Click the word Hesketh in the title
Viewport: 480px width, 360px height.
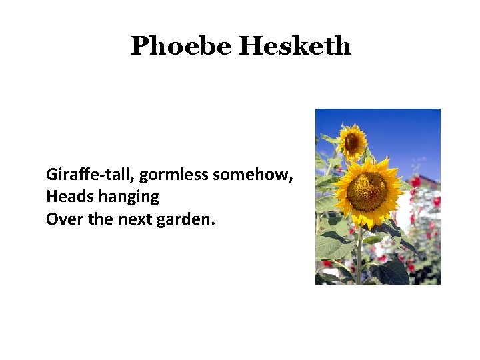295,46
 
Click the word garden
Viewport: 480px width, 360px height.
185,218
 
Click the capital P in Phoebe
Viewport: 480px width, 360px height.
140,46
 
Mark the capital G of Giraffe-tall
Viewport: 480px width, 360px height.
51,175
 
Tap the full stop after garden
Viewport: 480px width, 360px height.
213,223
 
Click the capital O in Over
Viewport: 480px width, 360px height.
51,218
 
